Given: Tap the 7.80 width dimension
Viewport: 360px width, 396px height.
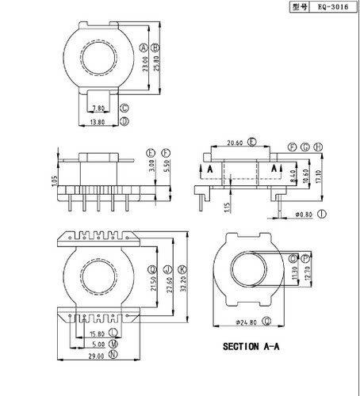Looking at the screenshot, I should (99, 109).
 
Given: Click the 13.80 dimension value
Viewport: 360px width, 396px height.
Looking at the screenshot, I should (98, 123).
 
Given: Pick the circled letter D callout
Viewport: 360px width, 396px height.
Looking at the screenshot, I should (124, 122).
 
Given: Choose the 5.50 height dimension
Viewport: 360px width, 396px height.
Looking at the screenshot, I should (165, 169).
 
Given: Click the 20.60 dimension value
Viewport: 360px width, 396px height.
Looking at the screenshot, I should (235, 143).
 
